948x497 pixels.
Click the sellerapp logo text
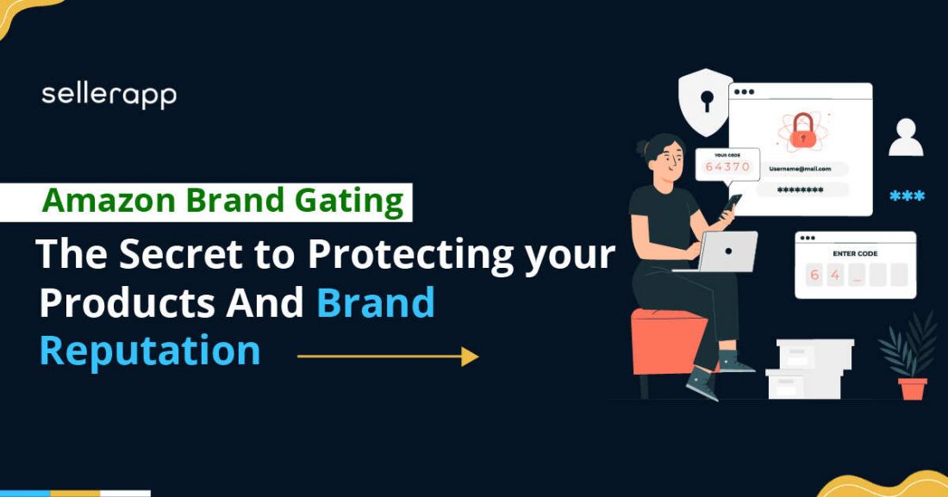point(109,95)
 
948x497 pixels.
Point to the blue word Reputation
point(150,351)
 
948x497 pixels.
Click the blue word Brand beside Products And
point(375,303)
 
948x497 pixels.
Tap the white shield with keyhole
point(706,102)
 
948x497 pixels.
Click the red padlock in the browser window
point(801,131)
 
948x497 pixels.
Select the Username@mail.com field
point(801,169)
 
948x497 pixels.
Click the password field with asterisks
point(801,189)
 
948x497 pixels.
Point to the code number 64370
point(727,167)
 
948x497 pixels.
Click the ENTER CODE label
point(855,254)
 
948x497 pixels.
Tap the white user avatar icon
point(906,139)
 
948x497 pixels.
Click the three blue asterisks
point(907,196)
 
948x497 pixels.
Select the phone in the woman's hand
point(733,202)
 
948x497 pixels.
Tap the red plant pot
point(913,388)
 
